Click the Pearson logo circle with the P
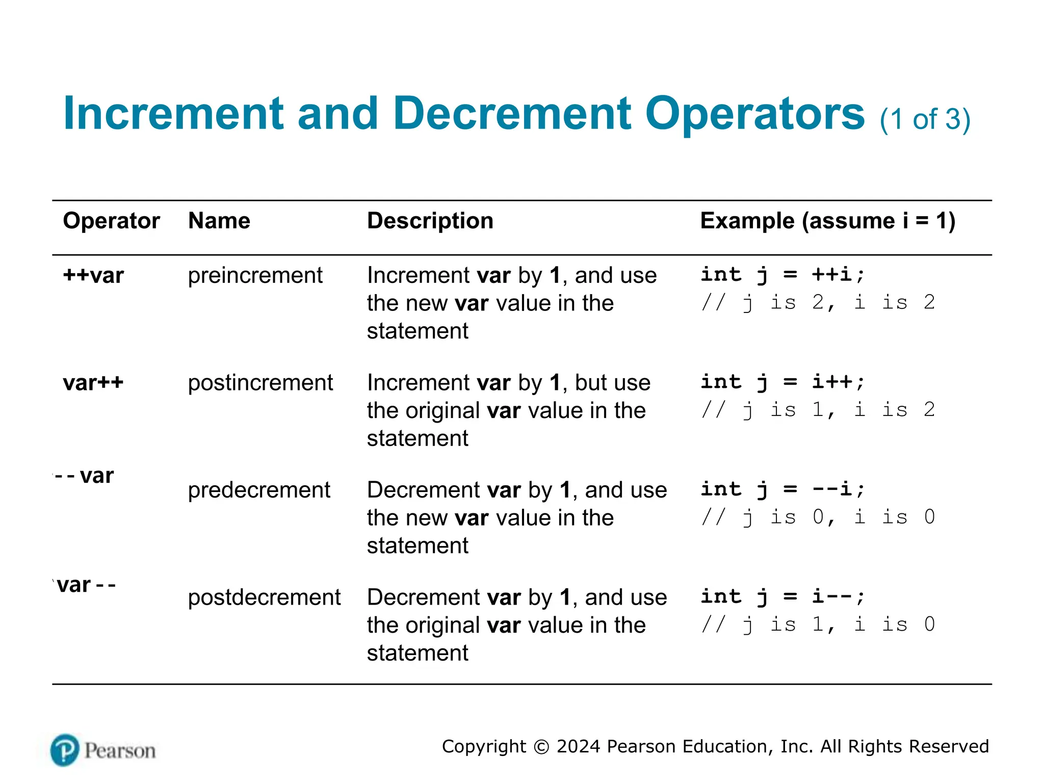coord(65,750)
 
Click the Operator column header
coord(111,221)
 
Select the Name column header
coord(219,221)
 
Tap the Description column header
coord(430,221)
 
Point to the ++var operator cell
coord(93,276)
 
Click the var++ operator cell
coord(93,383)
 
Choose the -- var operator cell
coord(84,476)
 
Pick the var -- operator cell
coord(86,585)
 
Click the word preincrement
coord(255,276)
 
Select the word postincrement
coord(260,383)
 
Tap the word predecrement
coord(259,490)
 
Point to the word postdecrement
coord(264,597)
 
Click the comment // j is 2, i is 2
coord(818,303)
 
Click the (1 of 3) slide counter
coord(925,120)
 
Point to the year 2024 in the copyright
coord(579,746)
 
